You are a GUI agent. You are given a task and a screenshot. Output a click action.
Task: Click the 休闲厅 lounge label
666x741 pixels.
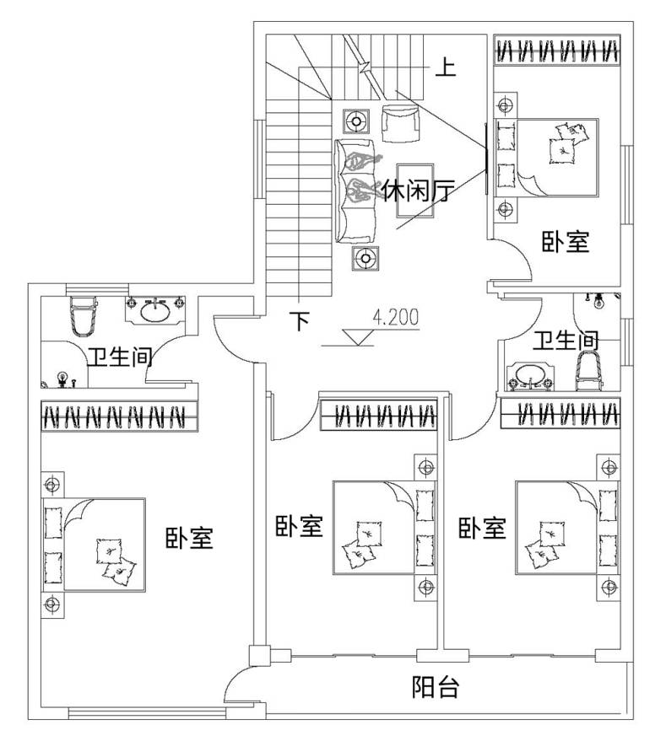click(x=414, y=193)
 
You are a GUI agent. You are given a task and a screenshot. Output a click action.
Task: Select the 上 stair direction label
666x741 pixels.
click(x=445, y=67)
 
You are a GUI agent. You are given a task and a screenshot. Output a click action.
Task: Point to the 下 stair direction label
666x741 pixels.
click(x=301, y=321)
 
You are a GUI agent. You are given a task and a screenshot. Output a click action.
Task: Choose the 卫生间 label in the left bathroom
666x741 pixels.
click(x=119, y=357)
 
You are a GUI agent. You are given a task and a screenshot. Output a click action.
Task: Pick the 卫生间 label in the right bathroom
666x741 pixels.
click(x=566, y=341)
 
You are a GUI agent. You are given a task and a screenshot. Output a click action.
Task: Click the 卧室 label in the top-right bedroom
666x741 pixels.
click(x=565, y=243)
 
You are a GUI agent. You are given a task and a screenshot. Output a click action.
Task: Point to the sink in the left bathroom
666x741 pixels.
click(x=154, y=310)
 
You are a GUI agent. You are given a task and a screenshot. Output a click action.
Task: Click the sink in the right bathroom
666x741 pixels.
click(x=529, y=375)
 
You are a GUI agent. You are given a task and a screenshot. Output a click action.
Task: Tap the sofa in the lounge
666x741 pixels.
click(x=357, y=191)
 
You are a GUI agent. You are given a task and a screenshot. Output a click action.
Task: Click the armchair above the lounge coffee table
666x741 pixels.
click(x=400, y=123)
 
